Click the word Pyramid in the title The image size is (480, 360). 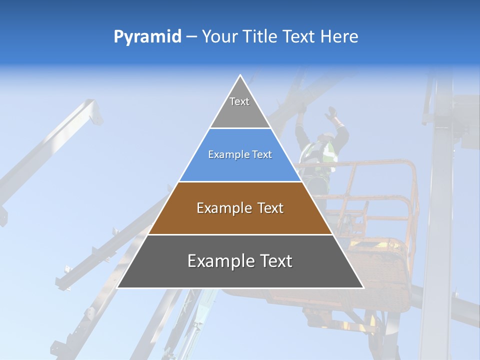click(x=147, y=37)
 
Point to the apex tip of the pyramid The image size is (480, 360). click(x=240, y=76)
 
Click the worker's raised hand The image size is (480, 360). click(x=330, y=113)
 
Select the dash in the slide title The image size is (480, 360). click(x=191, y=37)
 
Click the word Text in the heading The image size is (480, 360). click(x=299, y=36)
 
